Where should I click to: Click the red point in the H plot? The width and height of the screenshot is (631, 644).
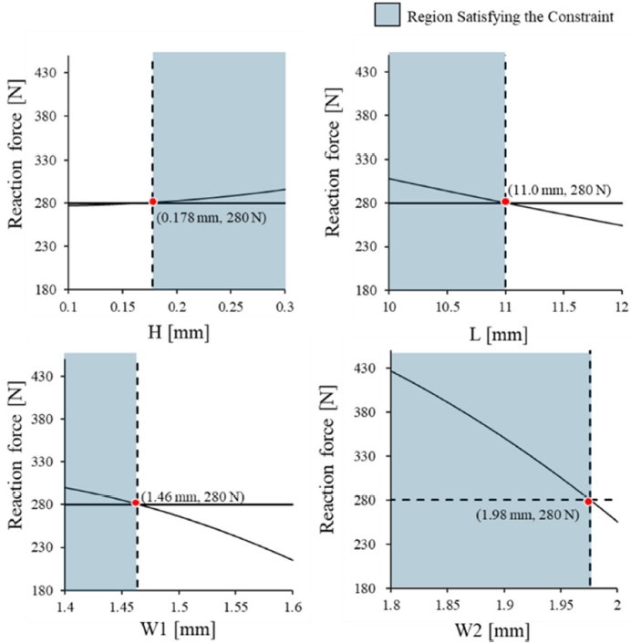pyautogui.click(x=152, y=202)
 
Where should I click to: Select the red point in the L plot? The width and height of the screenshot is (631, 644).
pyautogui.click(x=505, y=202)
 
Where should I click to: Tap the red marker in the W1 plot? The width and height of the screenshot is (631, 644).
pyautogui.click(x=137, y=503)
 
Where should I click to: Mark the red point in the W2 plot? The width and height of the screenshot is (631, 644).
pyautogui.click(x=589, y=501)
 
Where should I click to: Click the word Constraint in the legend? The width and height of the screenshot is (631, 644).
pyautogui.click(x=580, y=16)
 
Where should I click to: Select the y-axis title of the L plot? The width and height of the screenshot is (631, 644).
pyautogui.click(x=336, y=173)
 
